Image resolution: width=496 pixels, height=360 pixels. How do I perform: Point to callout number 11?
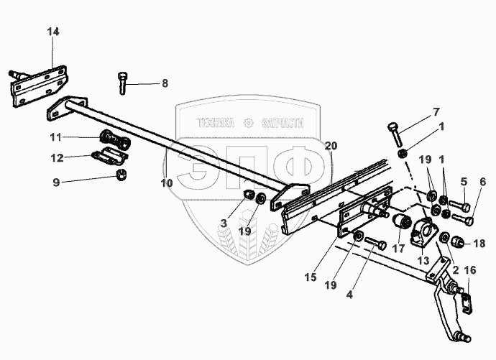coord(56,137)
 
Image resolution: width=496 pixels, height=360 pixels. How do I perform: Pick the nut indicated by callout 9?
coord(123,175)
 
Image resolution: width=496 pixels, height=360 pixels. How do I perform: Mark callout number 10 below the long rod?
coord(167,184)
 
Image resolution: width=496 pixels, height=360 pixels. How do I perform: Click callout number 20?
coord(330,145)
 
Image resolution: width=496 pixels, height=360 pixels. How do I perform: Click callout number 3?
coord(224,224)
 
